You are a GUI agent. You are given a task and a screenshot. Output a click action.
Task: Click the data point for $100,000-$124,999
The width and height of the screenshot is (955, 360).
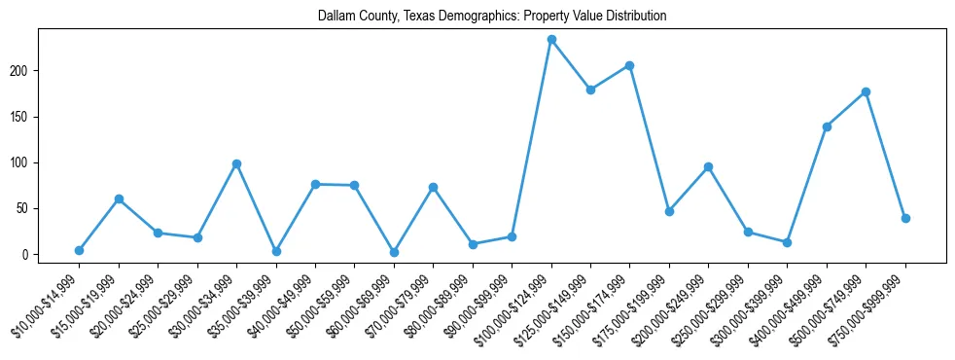click(551, 40)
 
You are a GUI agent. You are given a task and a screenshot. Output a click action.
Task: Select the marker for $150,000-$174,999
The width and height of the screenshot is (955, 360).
click(630, 65)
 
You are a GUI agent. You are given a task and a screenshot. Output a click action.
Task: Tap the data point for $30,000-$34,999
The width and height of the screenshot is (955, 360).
click(236, 163)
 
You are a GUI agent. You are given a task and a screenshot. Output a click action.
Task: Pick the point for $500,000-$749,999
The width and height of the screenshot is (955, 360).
click(866, 91)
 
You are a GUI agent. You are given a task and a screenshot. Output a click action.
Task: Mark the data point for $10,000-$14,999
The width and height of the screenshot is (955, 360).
click(79, 250)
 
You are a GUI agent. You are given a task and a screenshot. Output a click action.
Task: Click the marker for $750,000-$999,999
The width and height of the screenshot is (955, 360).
click(905, 218)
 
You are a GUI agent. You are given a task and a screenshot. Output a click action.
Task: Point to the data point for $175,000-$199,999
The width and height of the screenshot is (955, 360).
click(669, 211)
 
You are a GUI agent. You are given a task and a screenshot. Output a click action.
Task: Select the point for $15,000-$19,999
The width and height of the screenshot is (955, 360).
click(119, 198)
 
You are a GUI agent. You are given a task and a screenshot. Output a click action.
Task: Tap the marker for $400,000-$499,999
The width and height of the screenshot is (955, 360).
click(827, 126)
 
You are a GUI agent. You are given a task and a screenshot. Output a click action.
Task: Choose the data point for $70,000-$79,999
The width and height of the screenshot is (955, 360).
click(434, 187)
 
